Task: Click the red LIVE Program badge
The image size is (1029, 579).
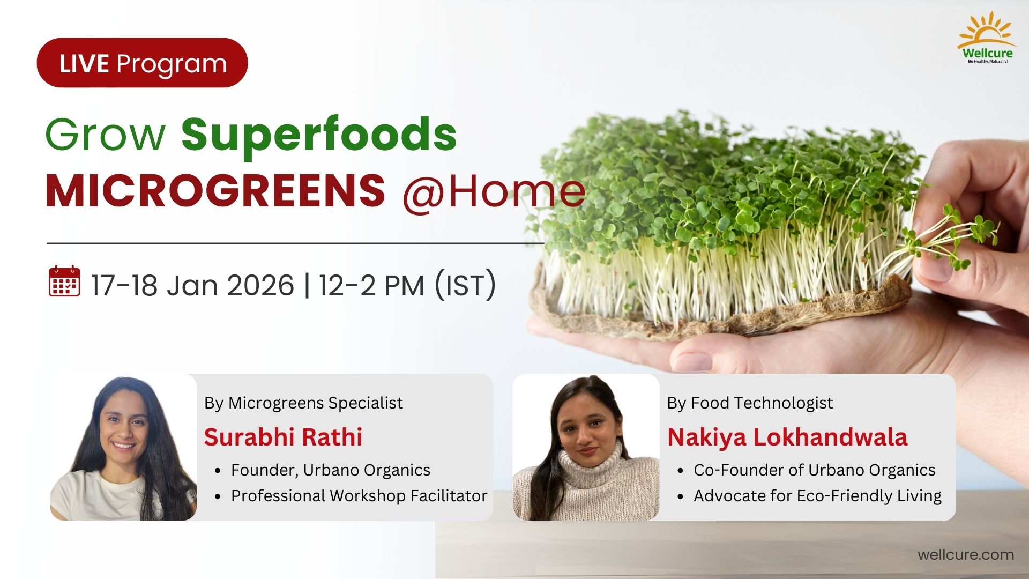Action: point(142,63)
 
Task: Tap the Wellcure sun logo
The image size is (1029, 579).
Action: point(987,38)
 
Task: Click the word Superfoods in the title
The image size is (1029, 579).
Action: point(319,135)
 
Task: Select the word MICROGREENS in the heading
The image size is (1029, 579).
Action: point(215,190)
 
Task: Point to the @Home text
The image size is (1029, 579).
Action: point(494,191)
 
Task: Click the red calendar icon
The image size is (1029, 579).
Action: point(64,281)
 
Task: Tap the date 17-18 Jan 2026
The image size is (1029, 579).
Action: point(192,285)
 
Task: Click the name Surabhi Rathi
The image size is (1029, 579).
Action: point(283,437)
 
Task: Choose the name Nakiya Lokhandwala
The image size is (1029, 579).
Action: point(787,437)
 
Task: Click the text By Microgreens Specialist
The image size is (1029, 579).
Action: point(303,403)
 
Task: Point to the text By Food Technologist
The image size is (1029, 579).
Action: point(750,403)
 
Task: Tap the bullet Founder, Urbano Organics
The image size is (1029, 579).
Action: point(331,470)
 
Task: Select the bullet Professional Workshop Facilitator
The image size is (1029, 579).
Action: point(359,496)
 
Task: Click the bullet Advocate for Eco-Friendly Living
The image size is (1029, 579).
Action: point(817,496)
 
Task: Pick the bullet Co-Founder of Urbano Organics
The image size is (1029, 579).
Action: point(815,470)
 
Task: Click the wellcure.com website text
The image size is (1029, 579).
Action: point(966,554)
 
